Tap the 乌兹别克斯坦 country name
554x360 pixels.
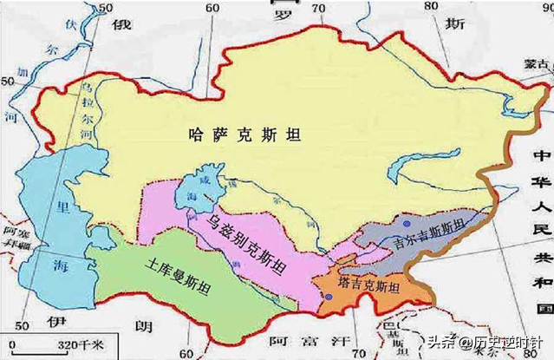tap(248, 244)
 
